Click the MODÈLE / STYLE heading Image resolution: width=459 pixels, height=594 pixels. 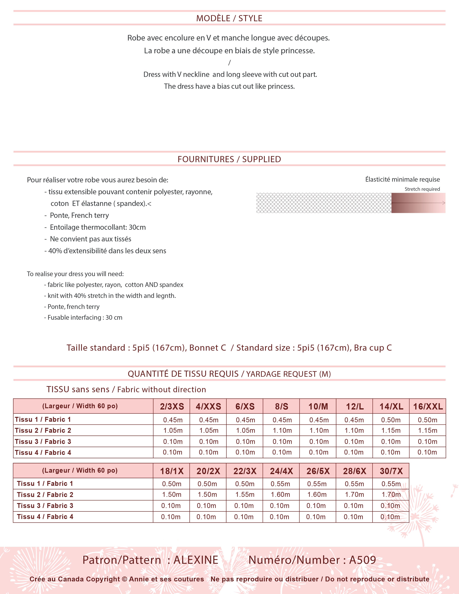229,18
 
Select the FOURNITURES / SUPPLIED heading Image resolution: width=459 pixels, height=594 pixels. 229,159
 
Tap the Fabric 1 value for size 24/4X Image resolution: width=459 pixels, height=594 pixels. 280,484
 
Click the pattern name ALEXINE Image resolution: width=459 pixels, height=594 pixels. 196,560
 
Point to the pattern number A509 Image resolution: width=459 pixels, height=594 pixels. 363,560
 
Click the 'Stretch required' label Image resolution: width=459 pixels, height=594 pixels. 422,189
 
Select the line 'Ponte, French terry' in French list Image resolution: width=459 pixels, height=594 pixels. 79,215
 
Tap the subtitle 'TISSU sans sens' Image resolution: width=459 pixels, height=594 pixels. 78,389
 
